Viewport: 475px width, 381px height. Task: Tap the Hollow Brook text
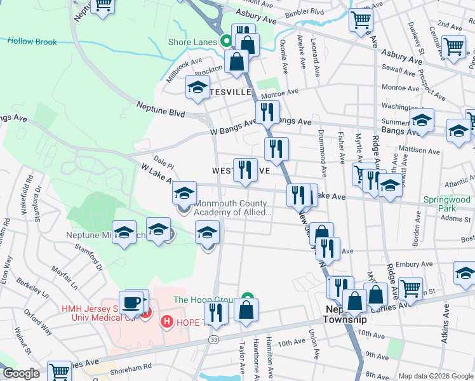[32, 42]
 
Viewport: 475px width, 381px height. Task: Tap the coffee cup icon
[132, 302]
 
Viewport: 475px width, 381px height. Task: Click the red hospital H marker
[168, 322]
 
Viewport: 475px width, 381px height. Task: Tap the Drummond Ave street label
[323, 158]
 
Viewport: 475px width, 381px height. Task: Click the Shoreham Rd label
[130, 368]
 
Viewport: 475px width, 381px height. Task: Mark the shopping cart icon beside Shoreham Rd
[60, 371]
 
